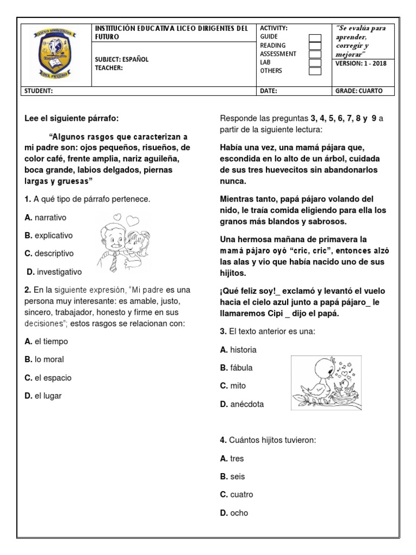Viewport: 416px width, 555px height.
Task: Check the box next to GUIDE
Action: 315,38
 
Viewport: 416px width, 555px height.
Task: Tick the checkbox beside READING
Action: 315,46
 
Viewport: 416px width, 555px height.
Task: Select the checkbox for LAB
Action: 315,62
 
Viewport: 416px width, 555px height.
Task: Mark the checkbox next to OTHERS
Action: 315,70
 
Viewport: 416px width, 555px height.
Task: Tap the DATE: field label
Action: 269,91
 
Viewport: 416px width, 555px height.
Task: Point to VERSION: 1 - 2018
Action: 363,62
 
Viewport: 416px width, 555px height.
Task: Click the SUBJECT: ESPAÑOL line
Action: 121,60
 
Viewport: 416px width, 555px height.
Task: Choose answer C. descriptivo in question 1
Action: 48,253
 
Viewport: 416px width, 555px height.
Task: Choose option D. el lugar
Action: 43,396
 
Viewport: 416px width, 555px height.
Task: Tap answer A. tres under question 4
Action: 232,459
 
